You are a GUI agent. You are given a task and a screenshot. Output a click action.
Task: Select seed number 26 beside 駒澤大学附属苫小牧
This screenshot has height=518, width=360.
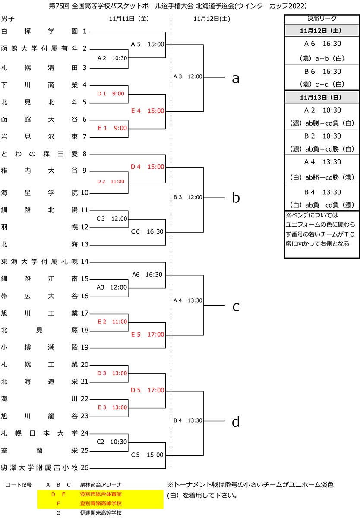(x=85, y=467)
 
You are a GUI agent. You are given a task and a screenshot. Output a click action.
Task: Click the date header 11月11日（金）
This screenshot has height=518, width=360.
(x=129, y=19)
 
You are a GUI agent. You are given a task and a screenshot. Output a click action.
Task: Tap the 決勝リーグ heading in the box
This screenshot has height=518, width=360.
(x=322, y=19)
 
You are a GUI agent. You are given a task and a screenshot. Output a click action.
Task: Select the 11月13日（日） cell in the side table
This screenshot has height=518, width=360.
(x=322, y=97)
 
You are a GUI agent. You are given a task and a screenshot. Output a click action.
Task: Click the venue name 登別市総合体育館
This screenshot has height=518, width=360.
(x=101, y=493)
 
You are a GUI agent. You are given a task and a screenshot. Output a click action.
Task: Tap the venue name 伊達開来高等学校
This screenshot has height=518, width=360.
(x=101, y=513)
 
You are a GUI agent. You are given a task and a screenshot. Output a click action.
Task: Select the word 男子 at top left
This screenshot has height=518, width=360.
(x=8, y=19)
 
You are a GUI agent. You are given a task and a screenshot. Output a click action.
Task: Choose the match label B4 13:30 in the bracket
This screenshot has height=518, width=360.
(x=188, y=420)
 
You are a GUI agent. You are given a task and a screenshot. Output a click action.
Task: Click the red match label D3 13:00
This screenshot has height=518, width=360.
(x=111, y=373)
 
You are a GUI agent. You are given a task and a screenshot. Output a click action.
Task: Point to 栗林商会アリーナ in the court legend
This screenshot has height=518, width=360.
(x=101, y=484)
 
